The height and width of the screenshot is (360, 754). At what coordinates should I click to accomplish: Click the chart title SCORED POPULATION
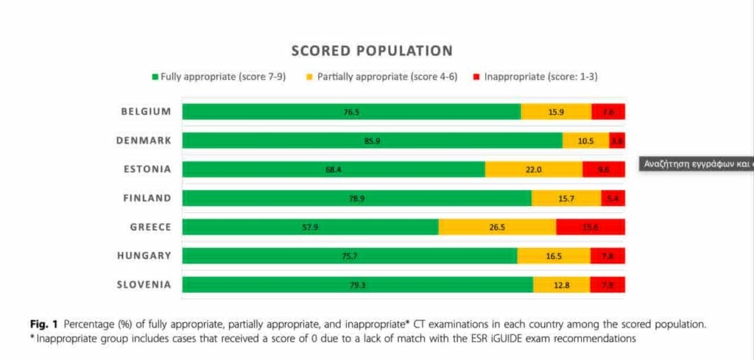click(x=372, y=51)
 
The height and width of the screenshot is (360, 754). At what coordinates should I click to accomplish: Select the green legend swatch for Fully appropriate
click(x=155, y=77)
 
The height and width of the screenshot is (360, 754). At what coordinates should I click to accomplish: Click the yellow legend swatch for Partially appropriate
click(x=310, y=77)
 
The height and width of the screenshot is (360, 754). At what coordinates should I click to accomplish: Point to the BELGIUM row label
click(x=147, y=112)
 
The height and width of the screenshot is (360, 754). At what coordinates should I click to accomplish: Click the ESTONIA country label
click(x=147, y=169)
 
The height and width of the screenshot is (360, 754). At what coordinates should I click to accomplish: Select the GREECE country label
click(x=150, y=227)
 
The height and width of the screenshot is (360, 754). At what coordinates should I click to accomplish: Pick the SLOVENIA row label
click(x=144, y=284)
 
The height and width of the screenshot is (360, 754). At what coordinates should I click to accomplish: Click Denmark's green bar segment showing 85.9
click(x=372, y=141)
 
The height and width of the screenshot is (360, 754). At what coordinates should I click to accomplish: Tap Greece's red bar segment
click(x=591, y=227)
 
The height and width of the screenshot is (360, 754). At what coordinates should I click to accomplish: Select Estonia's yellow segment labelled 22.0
click(x=533, y=169)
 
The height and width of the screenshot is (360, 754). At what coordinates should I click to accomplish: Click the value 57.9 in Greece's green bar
click(x=310, y=227)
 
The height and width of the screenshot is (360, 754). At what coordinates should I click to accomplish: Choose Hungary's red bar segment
click(x=607, y=255)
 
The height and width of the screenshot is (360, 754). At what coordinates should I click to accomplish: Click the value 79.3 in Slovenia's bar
click(x=357, y=284)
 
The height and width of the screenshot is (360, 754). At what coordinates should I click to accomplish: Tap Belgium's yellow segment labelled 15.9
click(x=556, y=112)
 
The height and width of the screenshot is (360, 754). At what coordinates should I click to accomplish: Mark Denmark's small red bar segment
click(x=617, y=141)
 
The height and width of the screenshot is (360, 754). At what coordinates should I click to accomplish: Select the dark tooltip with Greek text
click(x=696, y=164)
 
